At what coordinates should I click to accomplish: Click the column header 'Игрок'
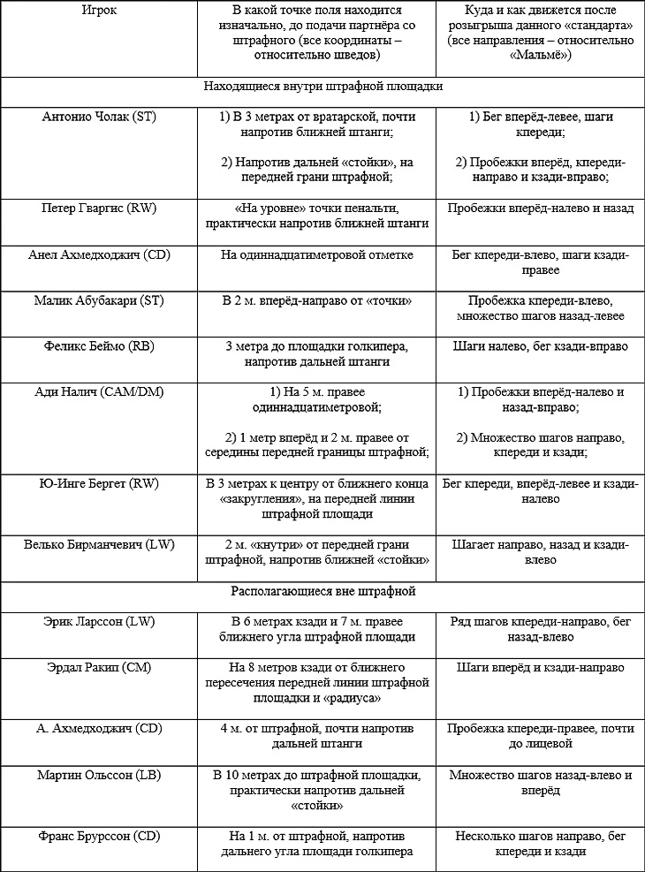(x=100, y=11)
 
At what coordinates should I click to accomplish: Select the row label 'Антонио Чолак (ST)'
(x=100, y=117)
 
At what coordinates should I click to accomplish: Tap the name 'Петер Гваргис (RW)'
(x=100, y=209)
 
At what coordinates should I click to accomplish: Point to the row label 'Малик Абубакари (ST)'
(x=100, y=300)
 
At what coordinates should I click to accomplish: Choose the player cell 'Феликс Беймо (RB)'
(x=100, y=346)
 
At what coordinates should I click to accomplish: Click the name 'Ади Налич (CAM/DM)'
(x=100, y=392)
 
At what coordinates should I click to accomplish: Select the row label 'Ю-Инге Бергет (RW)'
(x=100, y=484)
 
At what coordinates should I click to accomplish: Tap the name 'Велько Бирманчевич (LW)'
(x=100, y=544)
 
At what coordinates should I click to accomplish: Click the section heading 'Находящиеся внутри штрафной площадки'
(x=322, y=87)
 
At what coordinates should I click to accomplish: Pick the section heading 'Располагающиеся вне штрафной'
(x=322, y=591)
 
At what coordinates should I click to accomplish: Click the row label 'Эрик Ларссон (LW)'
(x=100, y=622)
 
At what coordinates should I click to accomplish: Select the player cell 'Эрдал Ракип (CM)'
(x=100, y=668)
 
